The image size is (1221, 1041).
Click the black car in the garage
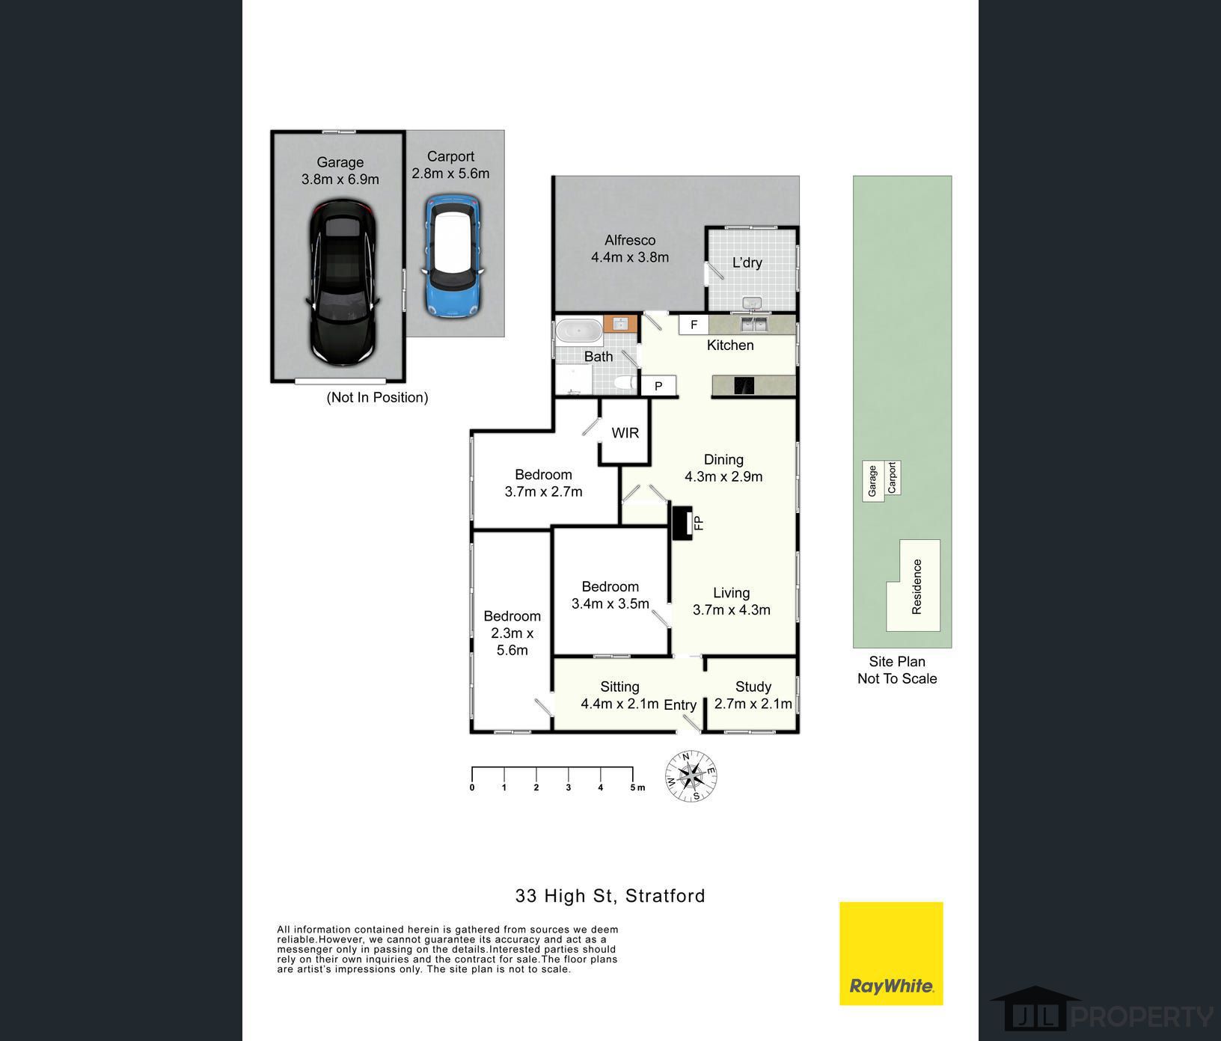(342, 283)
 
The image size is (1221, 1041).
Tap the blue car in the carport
(451, 256)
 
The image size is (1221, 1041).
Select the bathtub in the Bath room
(578, 331)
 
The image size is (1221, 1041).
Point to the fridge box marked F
(694, 325)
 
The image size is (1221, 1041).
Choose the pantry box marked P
(658, 386)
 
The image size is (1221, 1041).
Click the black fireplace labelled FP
(681, 523)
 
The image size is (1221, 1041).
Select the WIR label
(625, 433)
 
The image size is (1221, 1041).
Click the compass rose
(691, 776)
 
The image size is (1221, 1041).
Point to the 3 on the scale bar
(569, 787)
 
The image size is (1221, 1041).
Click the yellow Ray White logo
(891, 954)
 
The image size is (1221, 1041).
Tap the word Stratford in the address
(665, 896)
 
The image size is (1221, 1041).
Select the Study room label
(753, 687)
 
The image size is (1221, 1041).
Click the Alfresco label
(630, 240)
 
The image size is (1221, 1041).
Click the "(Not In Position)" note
(377, 397)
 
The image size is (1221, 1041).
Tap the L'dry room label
(747, 262)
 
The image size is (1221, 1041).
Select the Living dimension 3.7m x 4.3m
(732, 609)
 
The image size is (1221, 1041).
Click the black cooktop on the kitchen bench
(745, 386)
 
